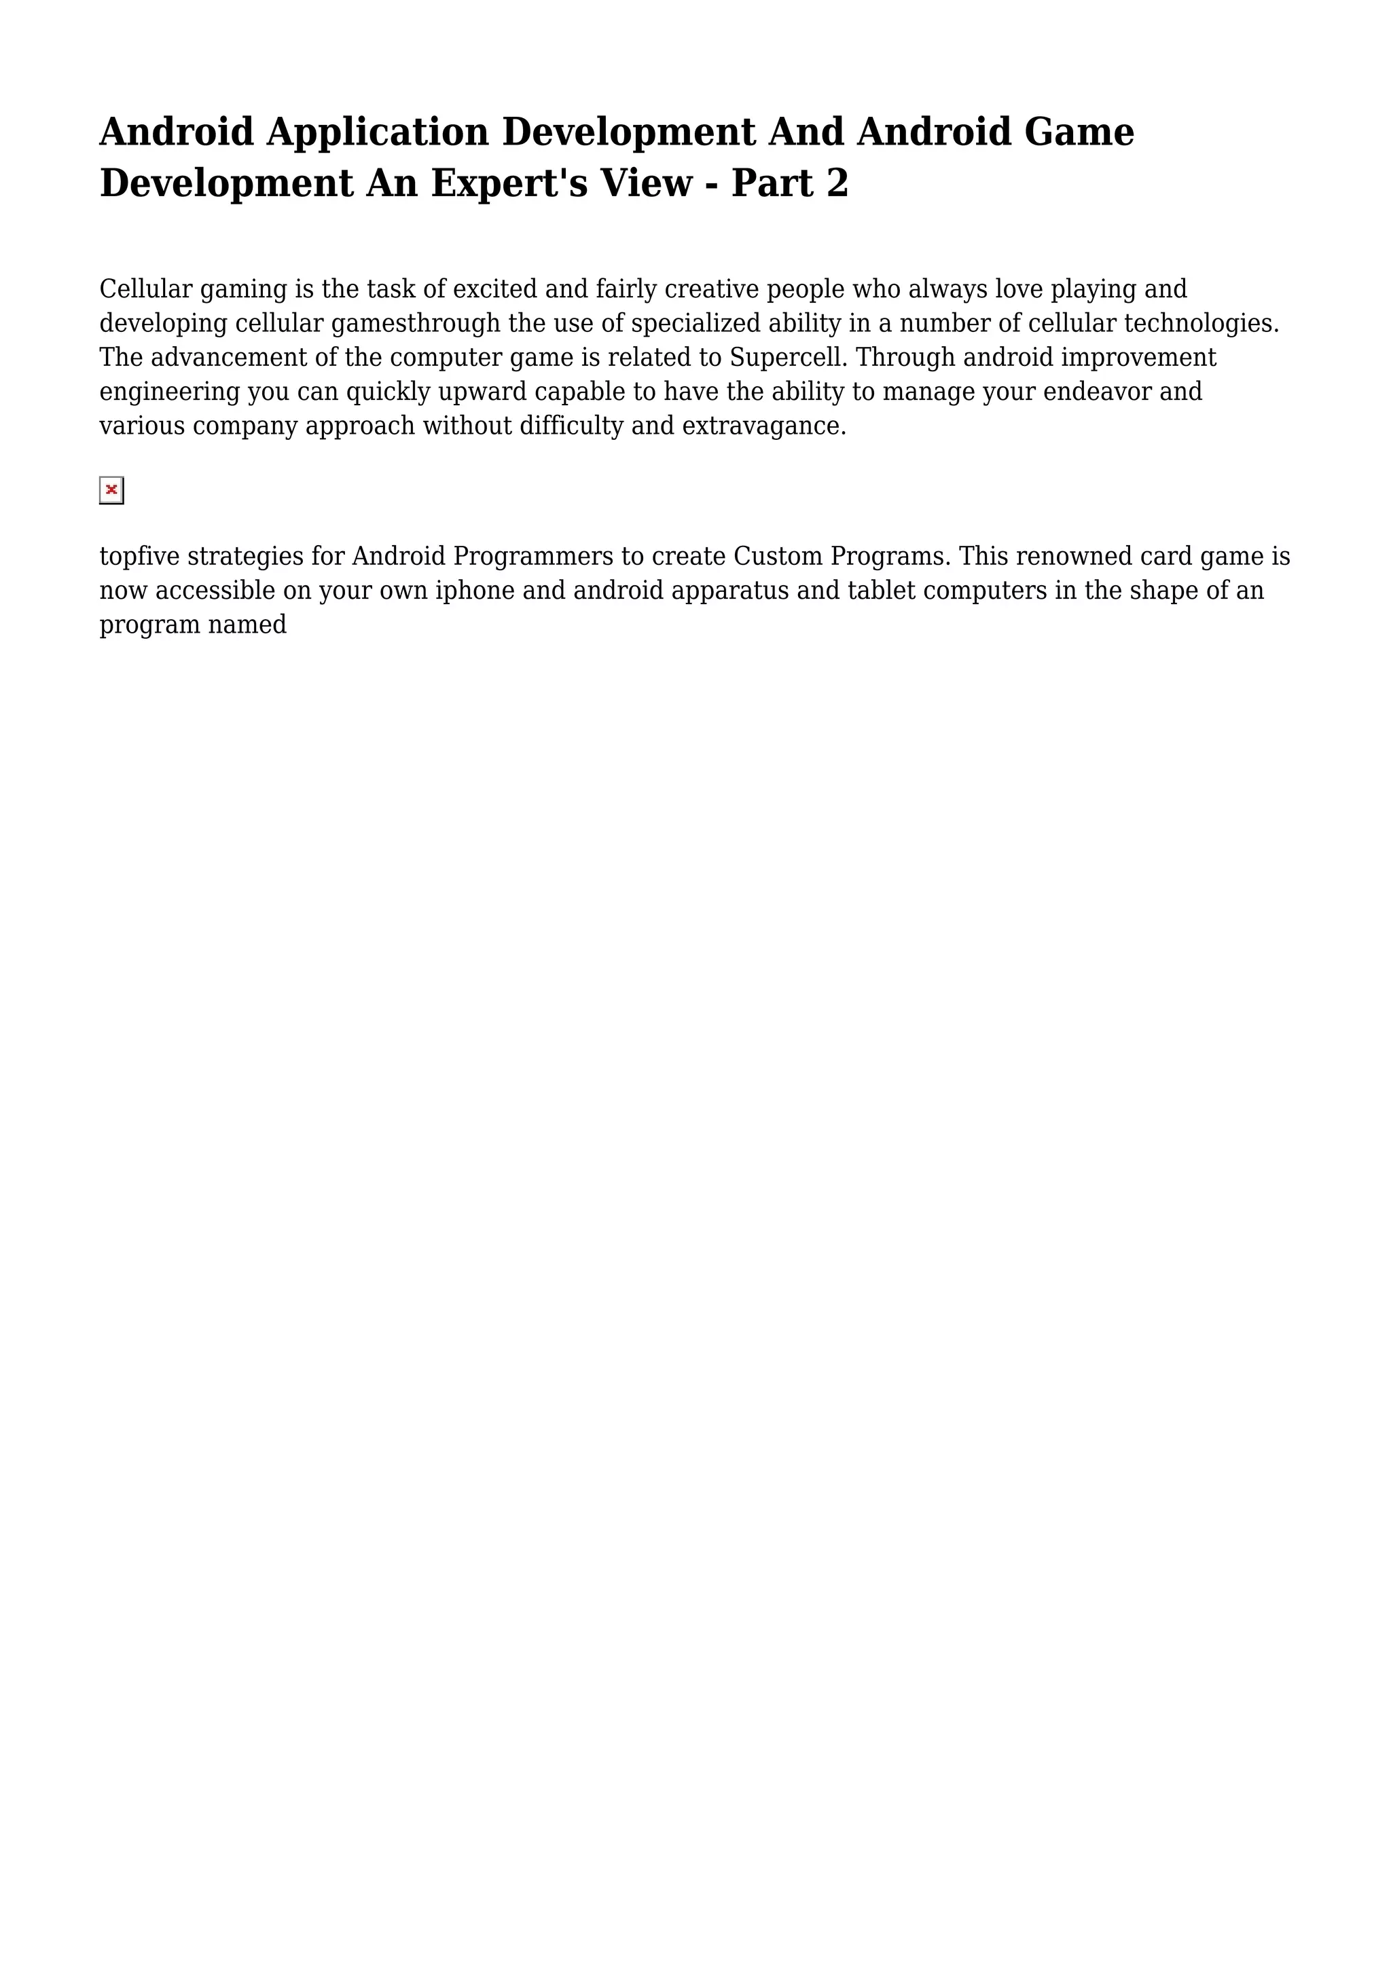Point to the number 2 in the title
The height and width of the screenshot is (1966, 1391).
point(837,183)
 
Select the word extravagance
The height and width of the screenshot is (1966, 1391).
point(763,426)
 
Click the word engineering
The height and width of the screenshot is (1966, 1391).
point(170,391)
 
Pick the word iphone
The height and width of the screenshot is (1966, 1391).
point(475,591)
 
